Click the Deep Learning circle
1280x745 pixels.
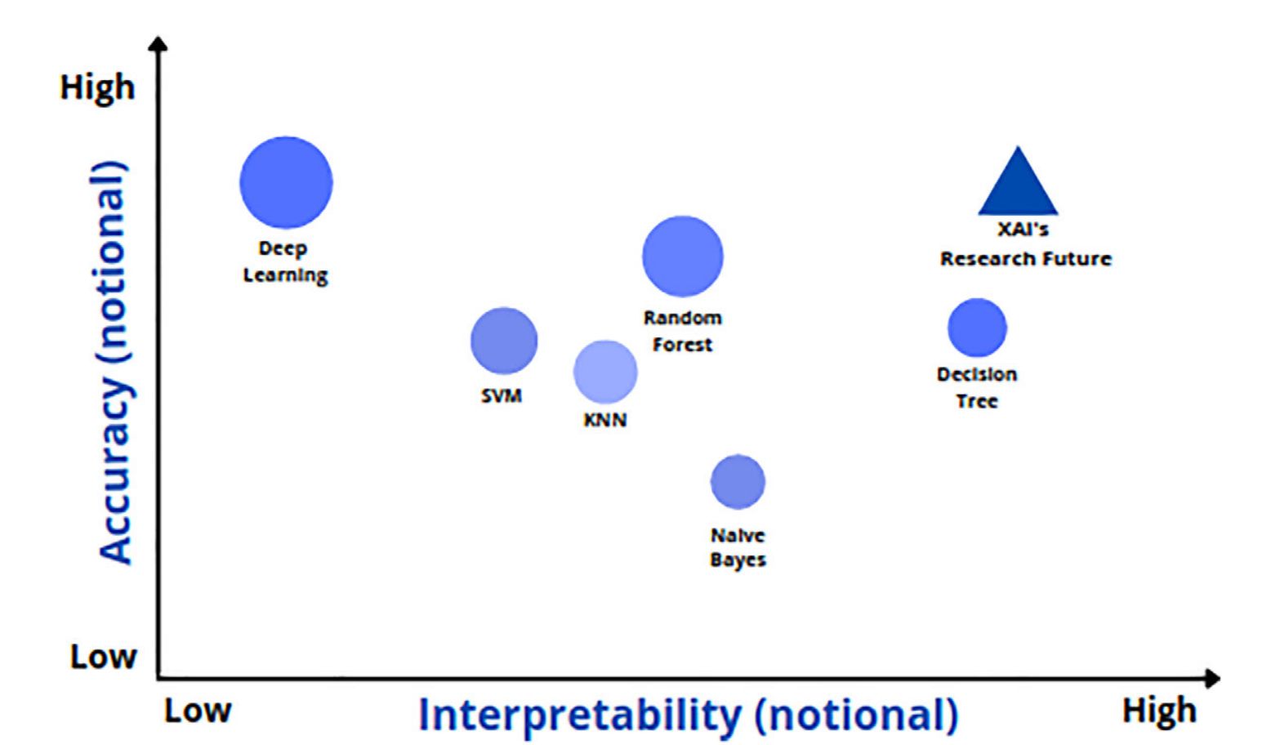286,182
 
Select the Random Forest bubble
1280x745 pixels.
683,257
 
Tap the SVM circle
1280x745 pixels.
504,341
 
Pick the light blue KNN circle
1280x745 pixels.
605,372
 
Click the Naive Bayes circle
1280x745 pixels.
738,482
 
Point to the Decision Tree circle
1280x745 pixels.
977,328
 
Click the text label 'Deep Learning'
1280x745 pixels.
285,261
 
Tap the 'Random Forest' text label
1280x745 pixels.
683,331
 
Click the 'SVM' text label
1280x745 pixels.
502,396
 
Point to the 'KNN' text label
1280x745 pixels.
605,421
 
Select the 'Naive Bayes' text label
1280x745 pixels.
738,547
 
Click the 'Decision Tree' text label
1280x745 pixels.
977,387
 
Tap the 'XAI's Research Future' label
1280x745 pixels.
1025,244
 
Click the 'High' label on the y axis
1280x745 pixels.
97,87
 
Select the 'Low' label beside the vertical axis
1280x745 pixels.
103,656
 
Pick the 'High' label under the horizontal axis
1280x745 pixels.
1159,711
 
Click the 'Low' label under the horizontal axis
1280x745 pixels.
198,711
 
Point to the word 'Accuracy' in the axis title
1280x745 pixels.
114,473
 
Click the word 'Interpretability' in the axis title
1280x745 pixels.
579,716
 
